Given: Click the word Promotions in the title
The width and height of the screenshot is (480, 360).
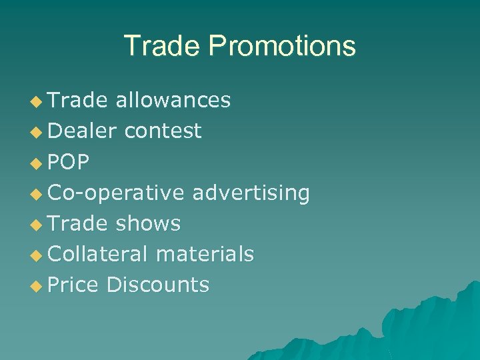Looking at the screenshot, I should [282, 46].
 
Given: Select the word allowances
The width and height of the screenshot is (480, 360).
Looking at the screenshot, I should [173, 100].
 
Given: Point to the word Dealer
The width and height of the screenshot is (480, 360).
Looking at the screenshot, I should [83, 131].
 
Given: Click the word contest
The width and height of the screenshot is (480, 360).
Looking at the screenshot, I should [163, 131].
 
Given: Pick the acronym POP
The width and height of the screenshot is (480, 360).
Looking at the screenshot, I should [69, 162].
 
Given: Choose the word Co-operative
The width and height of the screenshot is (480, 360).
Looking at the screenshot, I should [116, 193].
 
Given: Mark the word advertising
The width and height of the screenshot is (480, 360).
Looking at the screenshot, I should [251, 193].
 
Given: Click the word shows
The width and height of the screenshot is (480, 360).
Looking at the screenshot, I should [148, 223].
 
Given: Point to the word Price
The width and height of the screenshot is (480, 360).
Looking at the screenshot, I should [73, 285].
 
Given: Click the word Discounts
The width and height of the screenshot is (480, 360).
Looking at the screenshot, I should [158, 285].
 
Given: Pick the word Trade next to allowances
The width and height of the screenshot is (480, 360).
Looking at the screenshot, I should [78, 100].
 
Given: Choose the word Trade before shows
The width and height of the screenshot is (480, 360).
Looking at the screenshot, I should [78, 223].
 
